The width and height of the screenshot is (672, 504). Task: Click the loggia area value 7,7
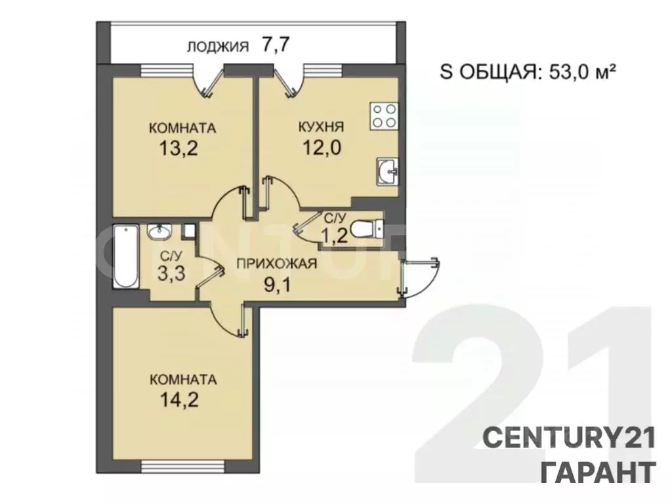[x=276, y=45]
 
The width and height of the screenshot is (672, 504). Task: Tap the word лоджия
[x=217, y=46]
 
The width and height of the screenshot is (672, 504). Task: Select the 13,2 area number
[x=178, y=147]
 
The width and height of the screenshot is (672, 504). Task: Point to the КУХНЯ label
[x=322, y=127]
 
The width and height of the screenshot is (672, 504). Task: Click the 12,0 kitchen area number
[x=321, y=147]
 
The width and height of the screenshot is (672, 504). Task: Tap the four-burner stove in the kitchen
[x=383, y=115]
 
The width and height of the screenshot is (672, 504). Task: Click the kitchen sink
[x=387, y=172]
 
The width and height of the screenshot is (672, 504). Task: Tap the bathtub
[x=125, y=257]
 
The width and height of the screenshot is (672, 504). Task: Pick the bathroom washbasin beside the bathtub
[x=158, y=232]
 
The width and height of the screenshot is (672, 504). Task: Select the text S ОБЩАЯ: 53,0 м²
[x=526, y=72]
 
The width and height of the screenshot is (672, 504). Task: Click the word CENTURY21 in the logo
[x=569, y=437]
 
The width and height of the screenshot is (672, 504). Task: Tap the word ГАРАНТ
[x=597, y=471]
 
